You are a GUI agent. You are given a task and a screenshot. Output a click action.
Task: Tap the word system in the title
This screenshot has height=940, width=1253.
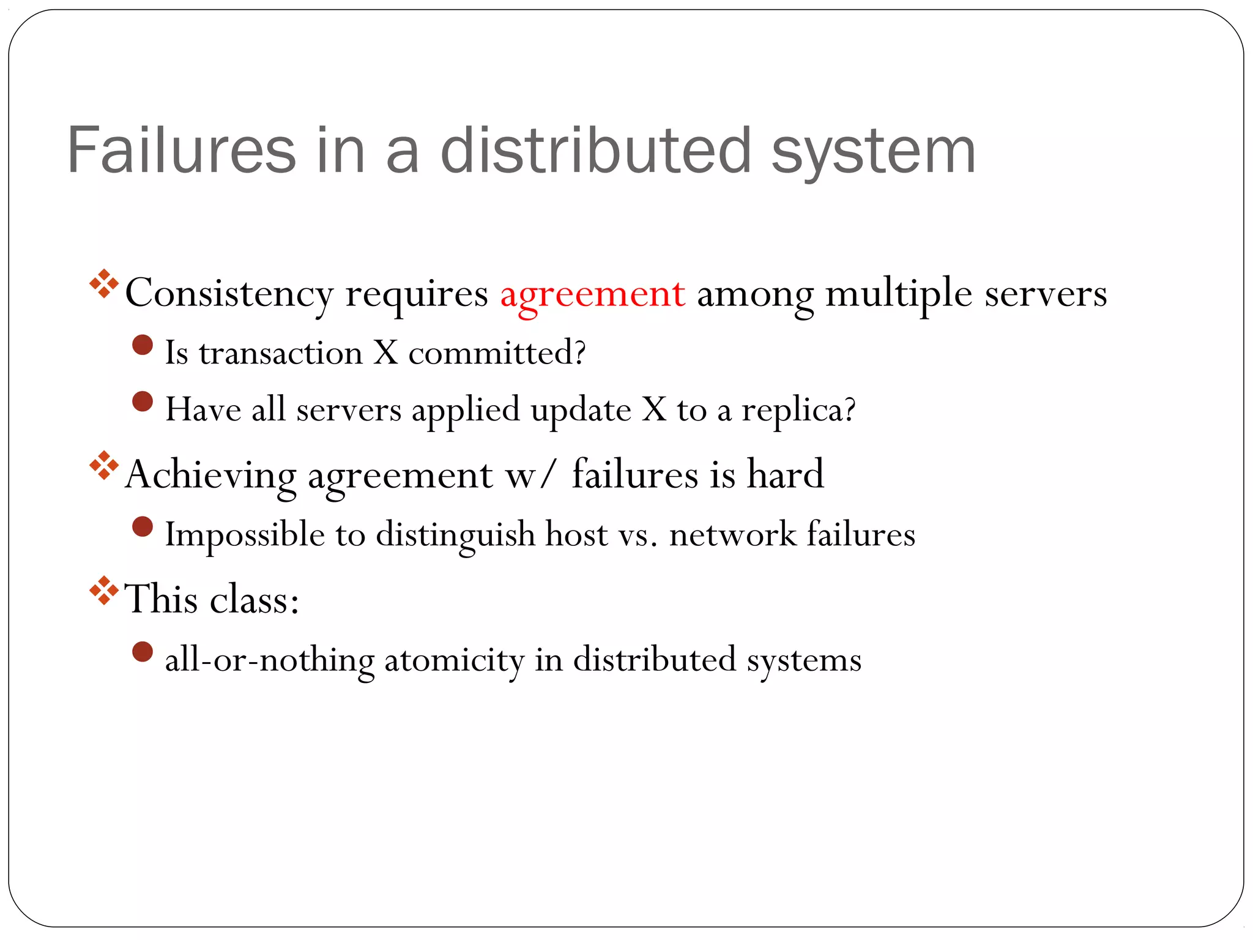pyautogui.click(x=873, y=152)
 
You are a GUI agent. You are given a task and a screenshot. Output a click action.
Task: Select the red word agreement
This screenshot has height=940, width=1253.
pyautogui.click(x=592, y=294)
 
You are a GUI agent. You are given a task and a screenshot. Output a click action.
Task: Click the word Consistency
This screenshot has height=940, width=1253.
pyautogui.click(x=229, y=294)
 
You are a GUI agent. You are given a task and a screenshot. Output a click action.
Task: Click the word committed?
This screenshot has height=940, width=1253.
pyautogui.click(x=497, y=353)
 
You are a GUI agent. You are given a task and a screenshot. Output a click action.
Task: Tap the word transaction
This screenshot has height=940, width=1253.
pyautogui.click(x=281, y=353)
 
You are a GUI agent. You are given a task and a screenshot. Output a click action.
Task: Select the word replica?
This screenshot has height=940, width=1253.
pyautogui.click(x=798, y=410)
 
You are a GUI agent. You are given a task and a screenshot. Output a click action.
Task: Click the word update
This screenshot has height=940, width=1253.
pyautogui.click(x=581, y=410)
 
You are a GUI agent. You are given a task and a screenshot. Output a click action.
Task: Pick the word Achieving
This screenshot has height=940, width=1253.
pyautogui.click(x=210, y=475)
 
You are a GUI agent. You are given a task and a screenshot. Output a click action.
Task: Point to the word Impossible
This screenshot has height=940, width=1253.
pyautogui.click(x=245, y=535)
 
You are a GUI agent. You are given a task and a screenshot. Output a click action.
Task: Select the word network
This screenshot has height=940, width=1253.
pyautogui.click(x=733, y=534)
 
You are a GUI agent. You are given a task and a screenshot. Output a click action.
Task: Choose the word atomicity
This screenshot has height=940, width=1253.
pyautogui.click(x=454, y=660)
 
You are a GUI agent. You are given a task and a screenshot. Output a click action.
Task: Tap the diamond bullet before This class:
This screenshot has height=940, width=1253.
pyautogui.click(x=104, y=591)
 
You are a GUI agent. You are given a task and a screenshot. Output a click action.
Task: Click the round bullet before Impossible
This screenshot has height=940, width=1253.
pyautogui.click(x=143, y=527)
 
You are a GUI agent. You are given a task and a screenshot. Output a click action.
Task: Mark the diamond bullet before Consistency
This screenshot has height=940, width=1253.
pyautogui.click(x=104, y=284)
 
